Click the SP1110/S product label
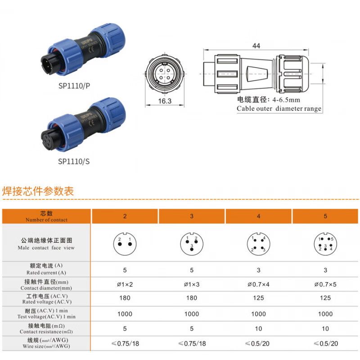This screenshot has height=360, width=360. (74, 161)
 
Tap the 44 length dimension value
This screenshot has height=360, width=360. (256, 45)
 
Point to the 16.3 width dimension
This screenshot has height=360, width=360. (165, 101)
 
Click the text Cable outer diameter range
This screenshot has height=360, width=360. (279, 108)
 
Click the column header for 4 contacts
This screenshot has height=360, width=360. (258, 216)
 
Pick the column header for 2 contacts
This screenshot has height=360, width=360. (125, 216)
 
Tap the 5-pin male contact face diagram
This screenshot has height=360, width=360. (325, 243)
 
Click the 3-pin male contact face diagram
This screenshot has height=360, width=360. (192, 243)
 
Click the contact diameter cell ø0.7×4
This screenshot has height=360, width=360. (258, 285)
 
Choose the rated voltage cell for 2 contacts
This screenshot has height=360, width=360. (125, 298)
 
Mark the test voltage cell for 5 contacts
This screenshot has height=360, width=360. (325, 314)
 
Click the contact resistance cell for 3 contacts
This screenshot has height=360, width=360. (192, 329)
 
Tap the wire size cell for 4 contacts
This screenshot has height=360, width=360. (258, 343)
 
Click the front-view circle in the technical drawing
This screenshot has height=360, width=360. (165, 74)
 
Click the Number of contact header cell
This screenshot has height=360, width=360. (46, 216)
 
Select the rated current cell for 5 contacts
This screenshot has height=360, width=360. (325, 270)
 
